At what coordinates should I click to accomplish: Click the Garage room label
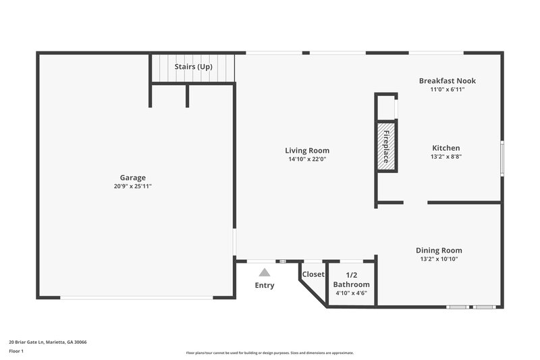[x=133, y=178]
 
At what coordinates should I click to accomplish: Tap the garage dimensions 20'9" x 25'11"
[x=133, y=186]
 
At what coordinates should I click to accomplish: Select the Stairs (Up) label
[x=194, y=67]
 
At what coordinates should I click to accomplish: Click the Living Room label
[x=307, y=151]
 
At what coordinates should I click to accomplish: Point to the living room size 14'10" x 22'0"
[x=307, y=159]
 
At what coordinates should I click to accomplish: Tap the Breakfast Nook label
[x=447, y=81]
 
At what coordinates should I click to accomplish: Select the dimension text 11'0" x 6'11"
[x=447, y=89]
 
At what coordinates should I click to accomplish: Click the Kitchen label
[x=446, y=148]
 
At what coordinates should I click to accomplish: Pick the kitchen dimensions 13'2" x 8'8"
[x=446, y=156]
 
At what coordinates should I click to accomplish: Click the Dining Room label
[x=439, y=251]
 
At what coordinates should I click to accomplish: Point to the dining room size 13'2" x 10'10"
[x=439, y=259]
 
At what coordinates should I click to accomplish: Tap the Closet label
[x=313, y=274]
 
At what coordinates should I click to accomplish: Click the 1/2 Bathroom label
[x=352, y=280]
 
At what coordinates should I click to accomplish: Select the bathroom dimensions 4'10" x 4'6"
[x=352, y=293]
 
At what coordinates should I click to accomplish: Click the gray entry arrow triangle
[x=265, y=272]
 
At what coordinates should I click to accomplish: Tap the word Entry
[x=265, y=286]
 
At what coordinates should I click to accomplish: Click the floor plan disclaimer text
[x=269, y=353]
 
